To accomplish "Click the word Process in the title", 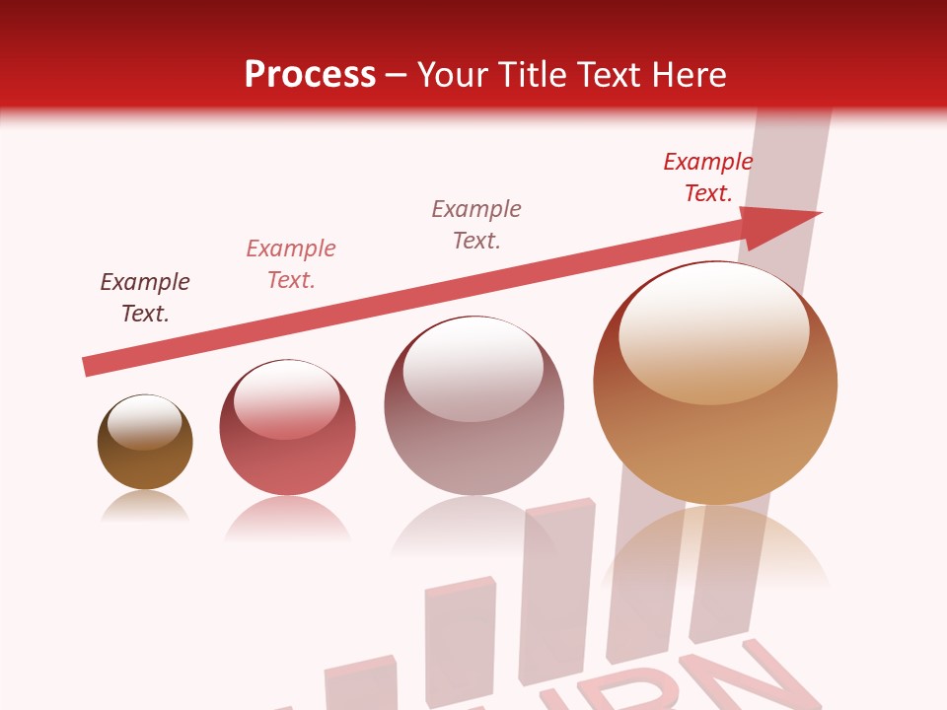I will pyautogui.click(x=310, y=74).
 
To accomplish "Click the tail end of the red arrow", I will pyautogui.click(x=91, y=366).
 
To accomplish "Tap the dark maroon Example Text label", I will pyautogui.click(x=145, y=298).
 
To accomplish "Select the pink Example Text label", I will pyautogui.click(x=291, y=264).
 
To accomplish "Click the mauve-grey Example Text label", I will pyautogui.click(x=476, y=224).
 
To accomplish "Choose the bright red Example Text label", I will pyautogui.click(x=708, y=177).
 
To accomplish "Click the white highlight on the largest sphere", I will pyautogui.click(x=713, y=327).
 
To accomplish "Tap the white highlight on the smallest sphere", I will pyautogui.click(x=145, y=420).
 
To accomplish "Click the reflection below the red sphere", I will pyautogui.click(x=287, y=517).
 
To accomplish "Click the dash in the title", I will pyautogui.click(x=397, y=75).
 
